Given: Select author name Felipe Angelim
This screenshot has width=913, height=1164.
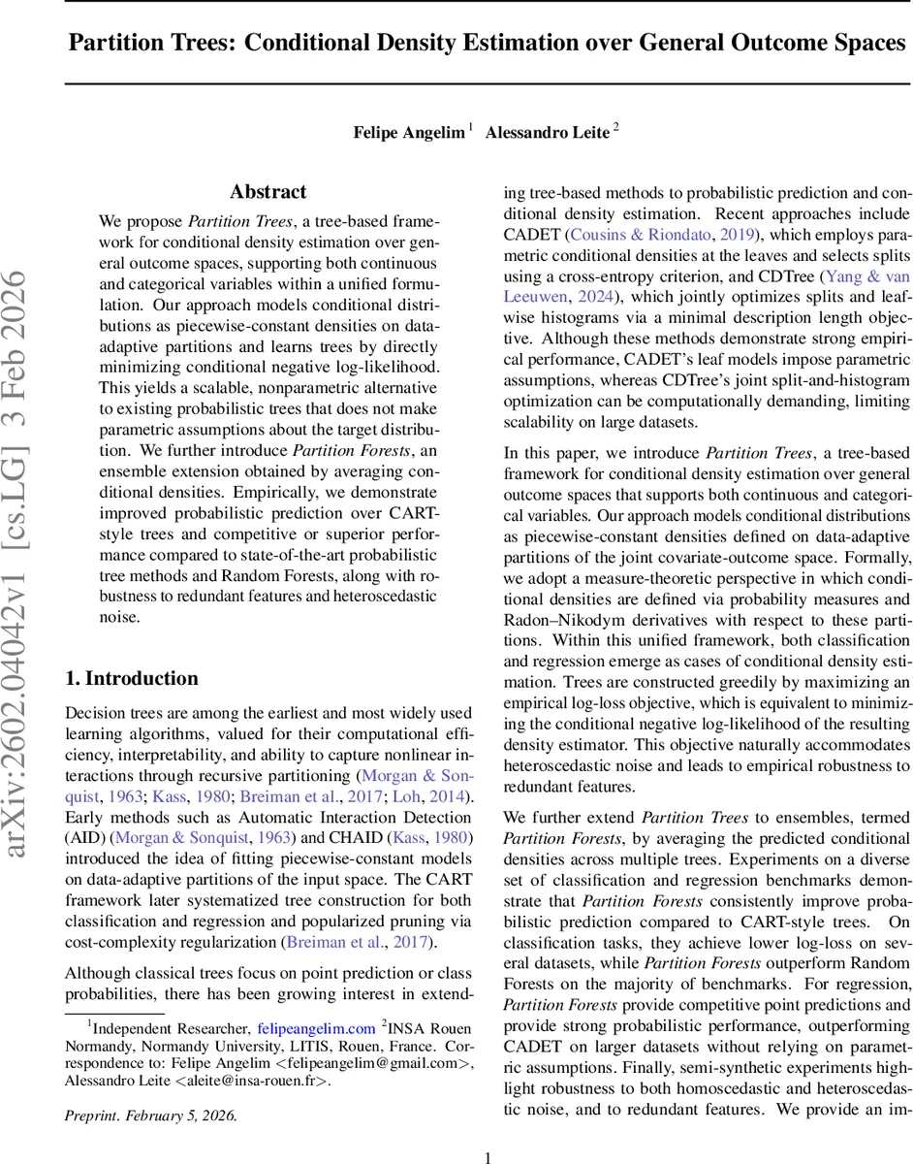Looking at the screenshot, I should pyautogui.click(x=408, y=133).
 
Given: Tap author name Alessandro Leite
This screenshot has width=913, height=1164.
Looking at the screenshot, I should pyautogui.click(x=547, y=133).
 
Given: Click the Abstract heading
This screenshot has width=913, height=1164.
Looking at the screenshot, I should pyautogui.click(x=268, y=192).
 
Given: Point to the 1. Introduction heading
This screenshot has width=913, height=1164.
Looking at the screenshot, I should pyautogui.click(x=131, y=678).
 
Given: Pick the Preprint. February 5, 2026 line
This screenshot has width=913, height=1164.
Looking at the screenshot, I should pyautogui.click(x=150, y=1115).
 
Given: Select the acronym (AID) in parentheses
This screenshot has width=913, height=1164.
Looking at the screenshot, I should pyautogui.click(x=85, y=836).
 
